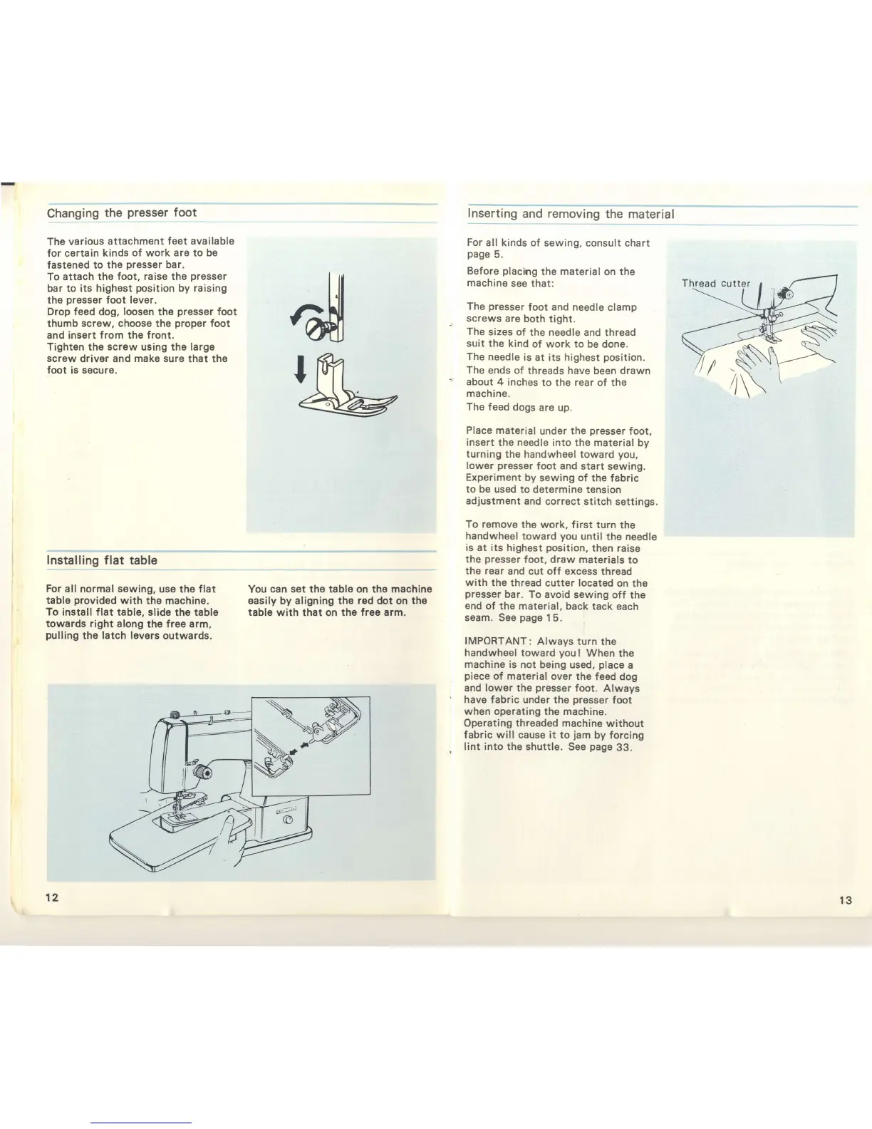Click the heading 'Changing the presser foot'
(x=121, y=213)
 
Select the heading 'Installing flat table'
(x=101, y=560)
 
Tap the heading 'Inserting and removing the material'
(x=570, y=214)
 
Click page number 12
(x=51, y=897)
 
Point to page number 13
(x=845, y=900)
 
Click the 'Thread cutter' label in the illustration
(x=715, y=283)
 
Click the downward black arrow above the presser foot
(x=301, y=368)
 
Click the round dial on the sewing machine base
(x=287, y=821)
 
